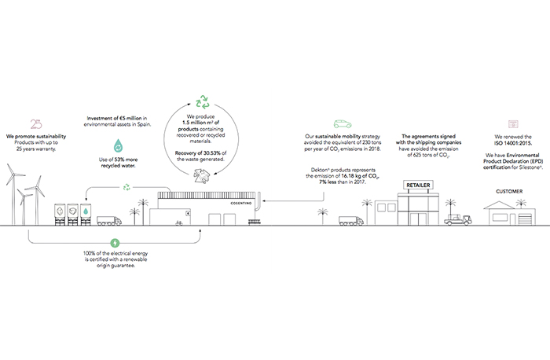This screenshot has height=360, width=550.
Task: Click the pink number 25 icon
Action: [x=34, y=123]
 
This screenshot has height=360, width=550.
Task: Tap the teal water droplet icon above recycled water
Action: [x=118, y=146]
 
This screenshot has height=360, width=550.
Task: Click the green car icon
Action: [x=341, y=124]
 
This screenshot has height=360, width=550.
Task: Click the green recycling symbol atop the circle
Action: [x=203, y=101]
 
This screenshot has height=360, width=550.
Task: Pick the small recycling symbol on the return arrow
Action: [x=126, y=188]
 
